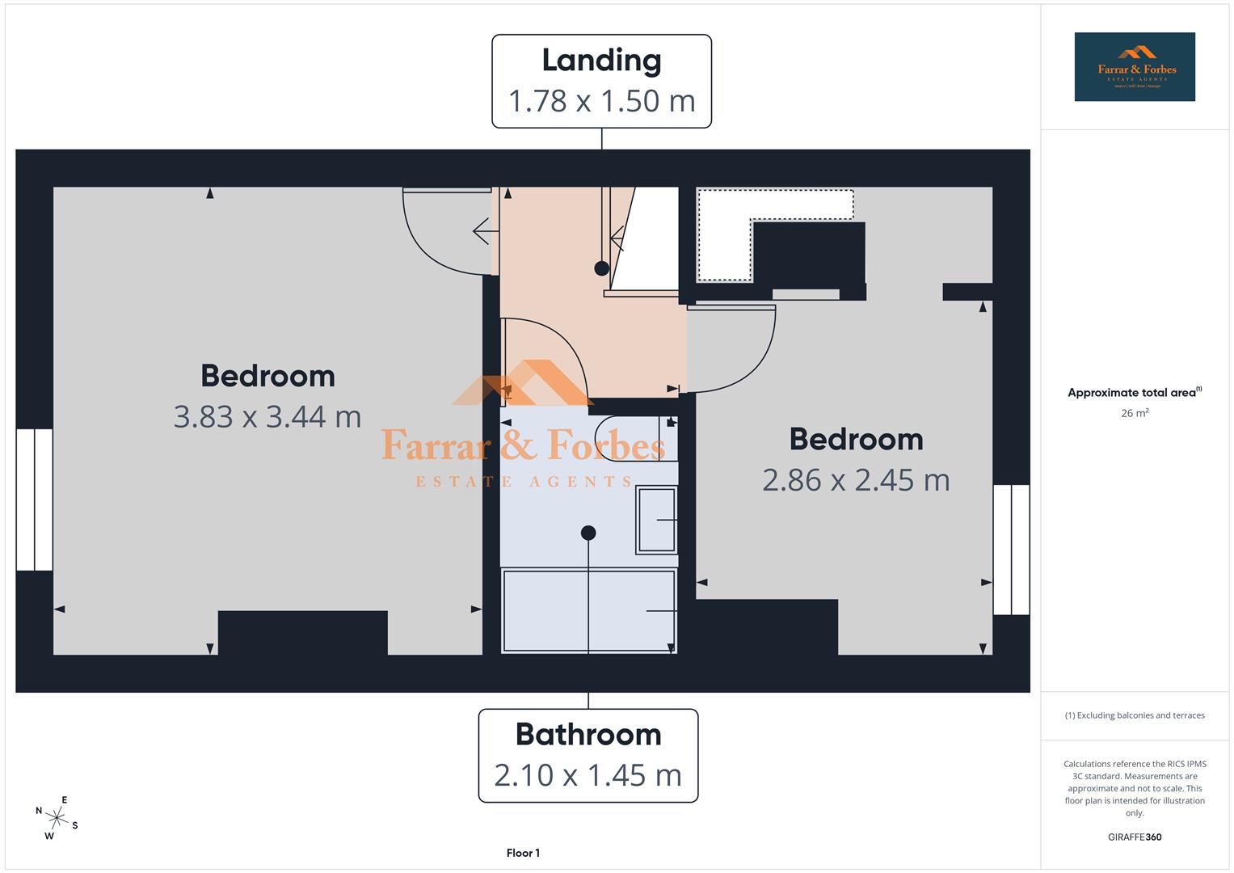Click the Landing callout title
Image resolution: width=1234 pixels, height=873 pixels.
[601, 61]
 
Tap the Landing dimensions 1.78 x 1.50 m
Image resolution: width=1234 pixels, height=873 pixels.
[601, 101]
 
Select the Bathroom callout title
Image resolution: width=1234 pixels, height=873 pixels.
[588, 735]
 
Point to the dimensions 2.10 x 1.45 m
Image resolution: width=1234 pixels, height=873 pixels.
[588, 775]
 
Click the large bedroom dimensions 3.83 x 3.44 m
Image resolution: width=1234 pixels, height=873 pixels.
[267, 417]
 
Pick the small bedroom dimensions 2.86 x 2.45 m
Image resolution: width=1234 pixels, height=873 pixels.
[856, 480]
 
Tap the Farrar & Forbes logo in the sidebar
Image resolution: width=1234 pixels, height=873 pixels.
[1135, 67]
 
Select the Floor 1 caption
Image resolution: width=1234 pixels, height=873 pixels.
[523, 853]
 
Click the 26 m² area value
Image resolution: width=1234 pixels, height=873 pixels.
[1135, 413]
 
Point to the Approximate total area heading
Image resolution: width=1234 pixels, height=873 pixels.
[1134, 393]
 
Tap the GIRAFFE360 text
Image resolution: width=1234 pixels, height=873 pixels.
[1135, 837]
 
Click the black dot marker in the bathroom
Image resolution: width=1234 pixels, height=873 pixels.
[588, 533]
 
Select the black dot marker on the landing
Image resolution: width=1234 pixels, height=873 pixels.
[602, 268]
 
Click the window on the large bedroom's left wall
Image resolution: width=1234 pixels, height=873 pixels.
[35, 500]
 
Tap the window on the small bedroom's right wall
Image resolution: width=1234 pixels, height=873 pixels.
[1011, 550]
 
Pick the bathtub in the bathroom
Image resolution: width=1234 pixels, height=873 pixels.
[588, 610]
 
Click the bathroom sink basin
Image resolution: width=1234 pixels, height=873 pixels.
[656, 521]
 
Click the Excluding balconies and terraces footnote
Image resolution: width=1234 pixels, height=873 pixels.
[1135, 715]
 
